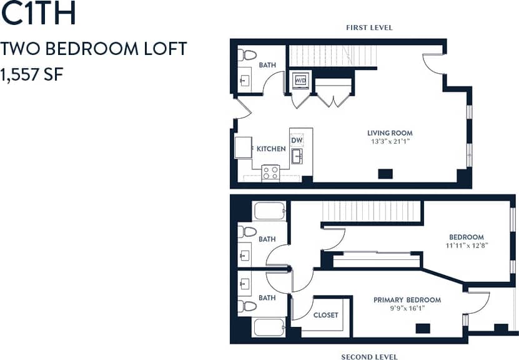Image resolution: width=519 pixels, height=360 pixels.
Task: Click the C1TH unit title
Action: (x=39, y=14)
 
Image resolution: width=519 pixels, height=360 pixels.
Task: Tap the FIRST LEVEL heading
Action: (x=369, y=27)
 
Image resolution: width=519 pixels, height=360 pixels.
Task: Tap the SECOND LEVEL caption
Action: (x=369, y=357)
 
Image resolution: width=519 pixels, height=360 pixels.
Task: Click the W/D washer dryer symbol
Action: (x=300, y=81)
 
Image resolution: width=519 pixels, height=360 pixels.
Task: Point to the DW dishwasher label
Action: (x=296, y=141)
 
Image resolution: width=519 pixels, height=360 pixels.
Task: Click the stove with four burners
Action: (x=270, y=172)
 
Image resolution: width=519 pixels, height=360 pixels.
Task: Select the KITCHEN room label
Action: (x=271, y=149)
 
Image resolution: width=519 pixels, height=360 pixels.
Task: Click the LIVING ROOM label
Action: (x=390, y=133)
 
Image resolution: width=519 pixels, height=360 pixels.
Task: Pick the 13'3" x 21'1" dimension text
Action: (x=390, y=141)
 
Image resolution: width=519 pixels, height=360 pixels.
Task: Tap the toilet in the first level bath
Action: (x=247, y=54)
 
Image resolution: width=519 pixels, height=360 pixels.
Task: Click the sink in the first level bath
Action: (x=245, y=81)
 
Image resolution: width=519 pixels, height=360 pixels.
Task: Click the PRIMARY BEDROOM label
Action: (x=407, y=300)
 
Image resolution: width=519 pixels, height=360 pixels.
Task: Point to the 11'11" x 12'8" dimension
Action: (x=467, y=246)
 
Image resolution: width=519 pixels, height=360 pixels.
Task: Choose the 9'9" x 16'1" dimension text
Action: (x=407, y=308)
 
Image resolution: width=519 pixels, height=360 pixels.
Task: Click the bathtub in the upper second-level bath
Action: (x=270, y=211)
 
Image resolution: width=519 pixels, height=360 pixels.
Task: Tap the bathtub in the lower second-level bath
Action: (x=269, y=327)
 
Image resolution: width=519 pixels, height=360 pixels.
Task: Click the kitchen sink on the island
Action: (x=298, y=156)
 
